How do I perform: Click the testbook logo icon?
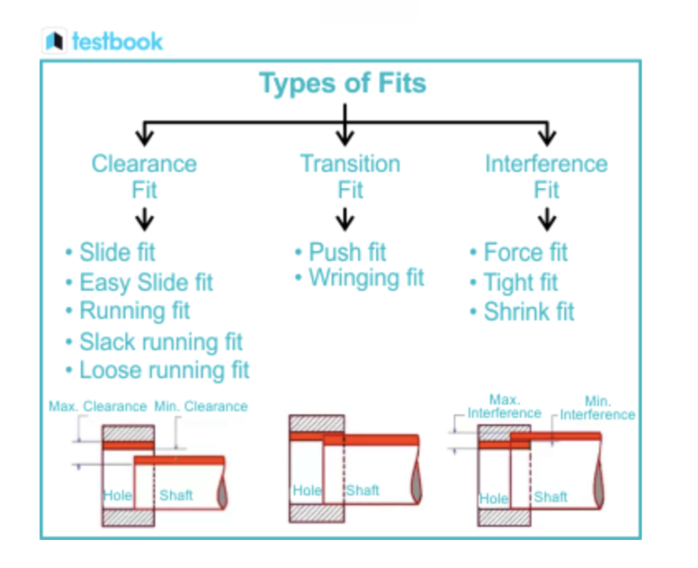(55, 41)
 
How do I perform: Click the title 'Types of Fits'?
(343, 84)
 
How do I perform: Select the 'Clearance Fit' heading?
(144, 176)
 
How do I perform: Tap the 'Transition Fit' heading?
(350, 176)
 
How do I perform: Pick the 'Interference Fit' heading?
(546, 176)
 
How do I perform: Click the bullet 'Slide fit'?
(117, 252)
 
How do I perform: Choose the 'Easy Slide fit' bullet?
(145, 282)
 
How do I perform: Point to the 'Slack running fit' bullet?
(160, 342)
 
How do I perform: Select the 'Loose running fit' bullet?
(164, 371)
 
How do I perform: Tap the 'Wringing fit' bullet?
(365, 278)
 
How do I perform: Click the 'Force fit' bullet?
(524, 252)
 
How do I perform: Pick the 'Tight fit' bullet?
(519, 282)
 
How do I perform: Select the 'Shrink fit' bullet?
(528, 312)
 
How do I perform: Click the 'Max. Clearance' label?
(97, 406)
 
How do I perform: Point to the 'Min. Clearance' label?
(201, 406)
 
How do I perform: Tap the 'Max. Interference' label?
(504, 406)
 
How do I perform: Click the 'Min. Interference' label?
(597, 408)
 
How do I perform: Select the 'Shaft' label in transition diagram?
(363, 491)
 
